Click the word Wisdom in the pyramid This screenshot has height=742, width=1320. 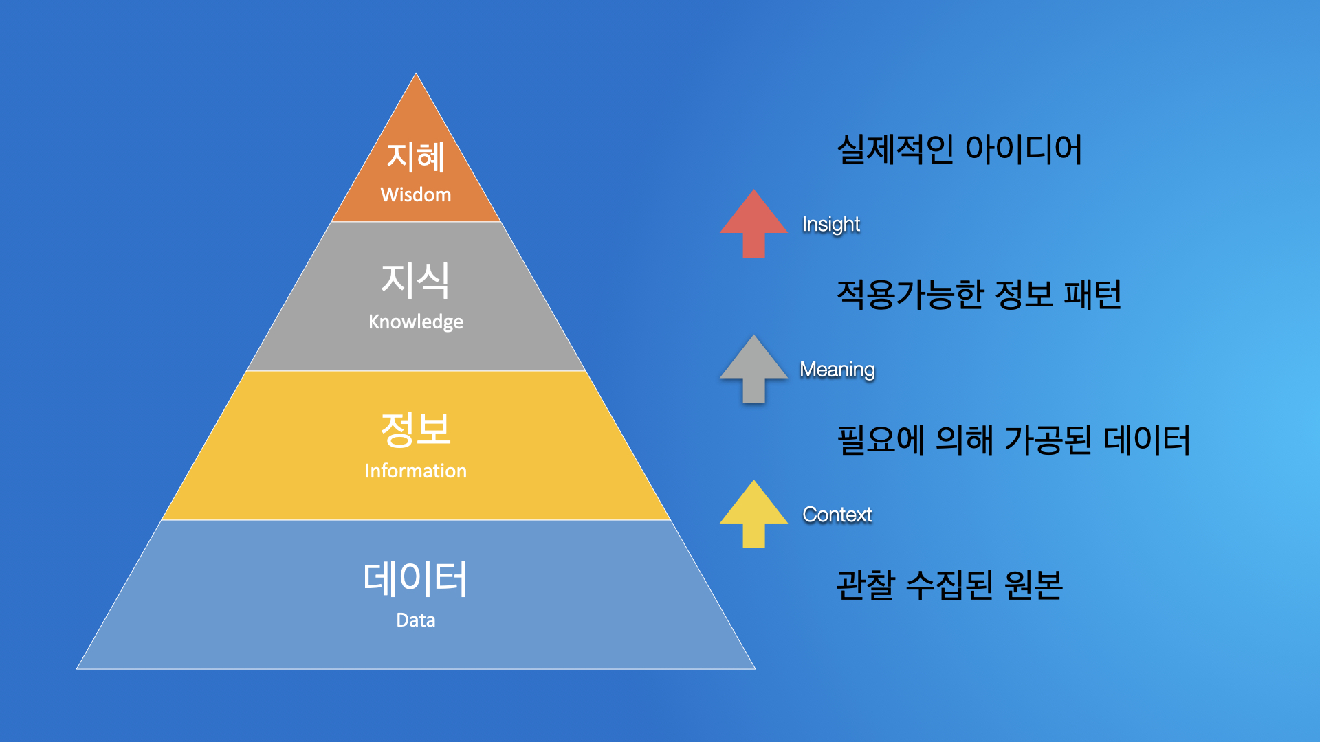416,195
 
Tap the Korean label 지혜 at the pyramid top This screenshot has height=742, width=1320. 416,157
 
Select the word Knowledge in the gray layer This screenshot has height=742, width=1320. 416,322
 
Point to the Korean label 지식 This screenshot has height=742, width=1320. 416,280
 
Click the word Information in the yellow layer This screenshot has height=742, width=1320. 416,471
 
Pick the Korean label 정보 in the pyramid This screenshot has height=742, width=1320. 416,429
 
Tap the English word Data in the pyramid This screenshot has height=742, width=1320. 416,620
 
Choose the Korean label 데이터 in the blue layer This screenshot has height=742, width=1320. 416,578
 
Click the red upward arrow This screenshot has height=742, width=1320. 753,223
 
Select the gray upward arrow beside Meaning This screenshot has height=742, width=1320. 753,368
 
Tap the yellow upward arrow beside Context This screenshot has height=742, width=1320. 753,513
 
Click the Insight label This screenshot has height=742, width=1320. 831,224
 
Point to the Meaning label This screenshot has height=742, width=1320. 837,370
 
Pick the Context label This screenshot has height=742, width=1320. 837,515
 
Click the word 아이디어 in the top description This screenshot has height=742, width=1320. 1024,149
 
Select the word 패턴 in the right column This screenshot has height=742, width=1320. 1092,295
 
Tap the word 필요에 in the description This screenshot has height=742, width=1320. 880,440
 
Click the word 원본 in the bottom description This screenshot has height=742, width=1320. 1033,585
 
